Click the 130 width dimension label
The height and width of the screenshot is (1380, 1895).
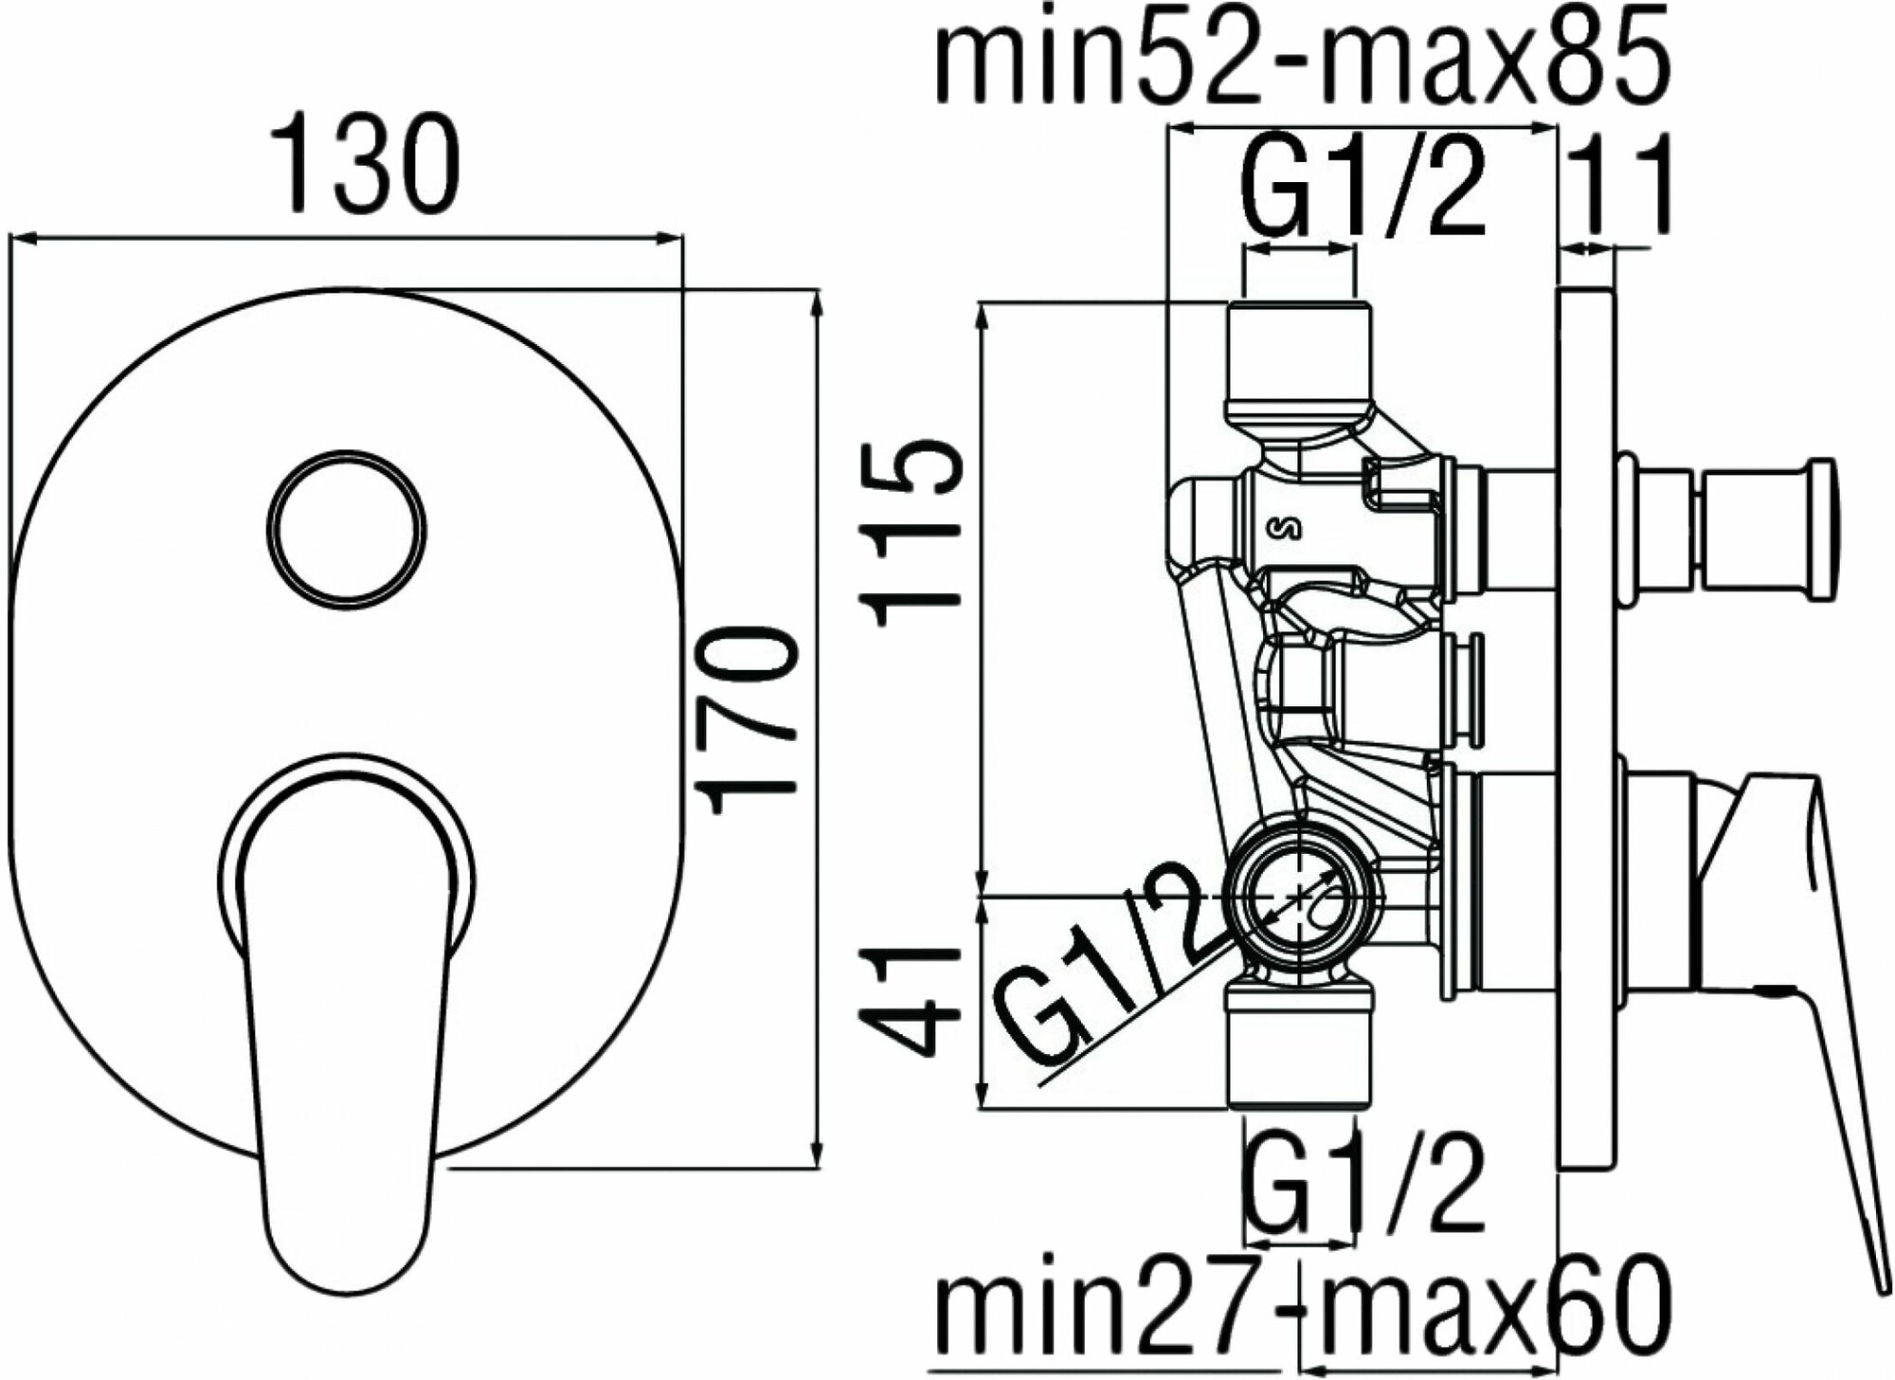[364, 163]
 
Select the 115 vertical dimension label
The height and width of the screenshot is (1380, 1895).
[911, 531]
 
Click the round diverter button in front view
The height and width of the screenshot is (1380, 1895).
[346, 527]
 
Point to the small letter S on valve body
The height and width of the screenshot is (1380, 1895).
[1295, 528]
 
